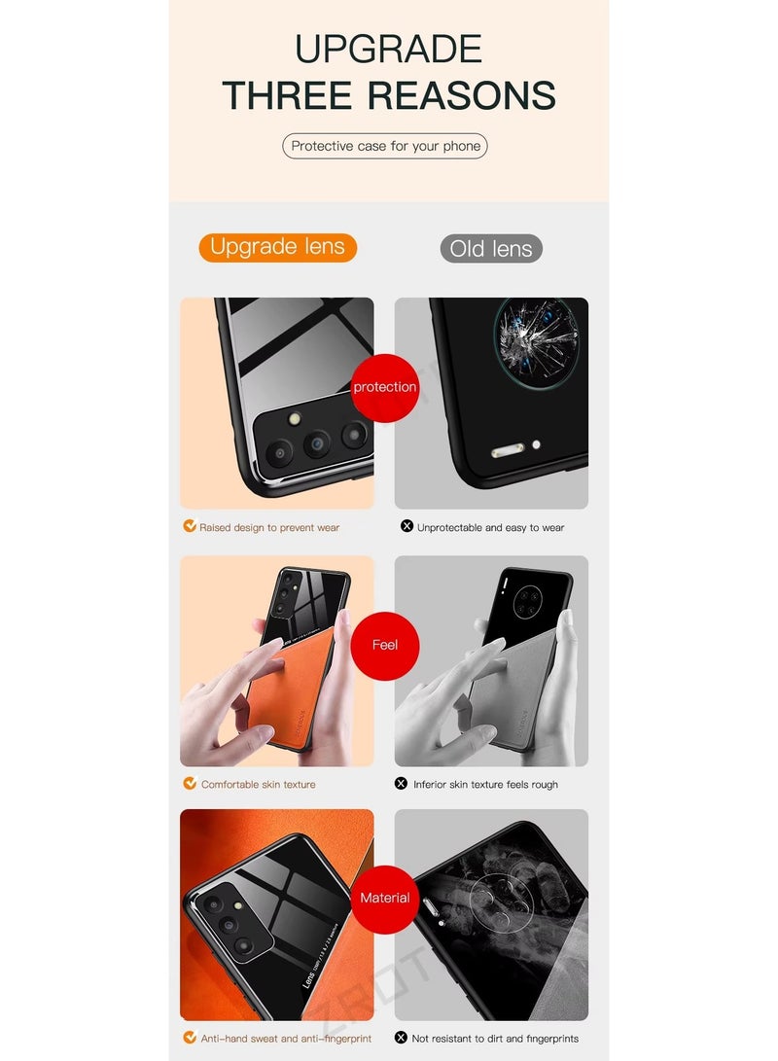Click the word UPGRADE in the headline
(x=388, y=49)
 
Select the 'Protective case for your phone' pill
(x=385, y=146)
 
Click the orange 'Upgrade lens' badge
(x=277, y=247)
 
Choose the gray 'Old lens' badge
(x=491, y=249)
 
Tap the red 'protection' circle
(x=385, y=387)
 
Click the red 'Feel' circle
(x=385, y=645)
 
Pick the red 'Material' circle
(x=385, y=898)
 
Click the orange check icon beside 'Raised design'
(x=191, y=526)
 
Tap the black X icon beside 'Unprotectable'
(x=407, y=526)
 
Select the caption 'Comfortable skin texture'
(x=258, y=784)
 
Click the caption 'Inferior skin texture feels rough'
(x=485, y=784)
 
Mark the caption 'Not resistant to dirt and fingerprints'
(x=493, y=1039)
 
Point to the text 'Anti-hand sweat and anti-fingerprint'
(x=286, y=1039)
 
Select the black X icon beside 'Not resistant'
(x=401, y=1038)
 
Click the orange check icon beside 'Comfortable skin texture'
(x=191, y=783)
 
